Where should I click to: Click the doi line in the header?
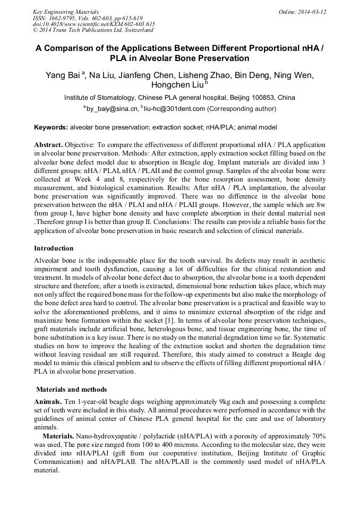pyautogui.click(x=93, y=24)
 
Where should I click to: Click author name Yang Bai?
pyautogui.click(x=62, y=75)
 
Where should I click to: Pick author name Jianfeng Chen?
pyautogui.click(x=145, y=75)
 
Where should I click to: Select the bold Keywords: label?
pyautogui.click(x=51, y=127)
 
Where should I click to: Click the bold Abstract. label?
pyautogui.click(x=49, y=145)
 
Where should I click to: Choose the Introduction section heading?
pyautogui.click(x=54, y=248)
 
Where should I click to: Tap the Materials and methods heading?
pyautogui.click(x=71, y=390)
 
